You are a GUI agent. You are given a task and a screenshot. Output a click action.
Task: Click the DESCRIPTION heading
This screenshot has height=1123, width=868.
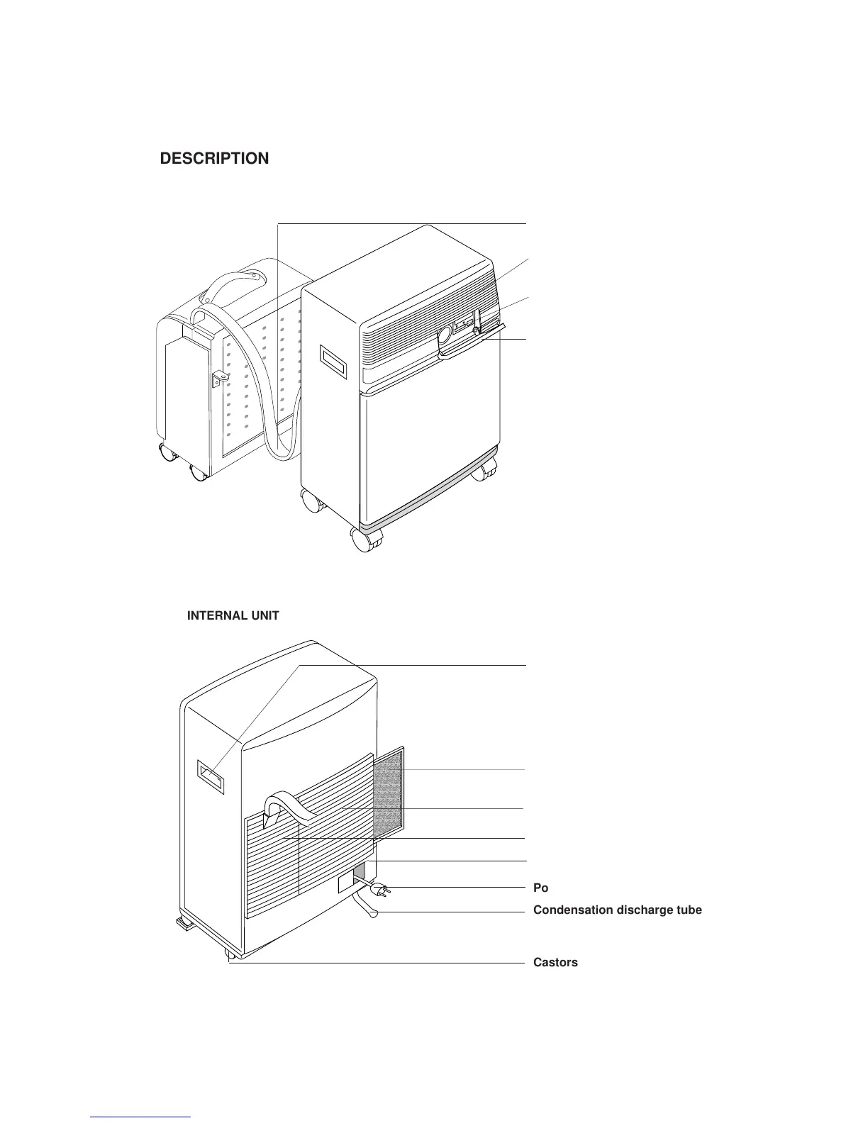click(x=214, y=159)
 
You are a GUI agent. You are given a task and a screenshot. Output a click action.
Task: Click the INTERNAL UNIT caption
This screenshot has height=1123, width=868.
click(x=233, y=616)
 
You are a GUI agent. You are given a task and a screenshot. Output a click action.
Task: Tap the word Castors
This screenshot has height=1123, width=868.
click(x=555, y=963)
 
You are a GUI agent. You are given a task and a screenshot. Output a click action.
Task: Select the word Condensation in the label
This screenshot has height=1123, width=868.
click(x=572, y=910)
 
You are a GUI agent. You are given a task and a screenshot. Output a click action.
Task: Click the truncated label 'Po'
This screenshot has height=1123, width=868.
click(x=540, y=888)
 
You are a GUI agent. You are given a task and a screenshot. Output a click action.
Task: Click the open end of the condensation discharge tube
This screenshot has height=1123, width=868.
click(x=373, y=915)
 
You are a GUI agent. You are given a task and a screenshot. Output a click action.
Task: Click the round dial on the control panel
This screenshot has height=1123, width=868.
click(x=445, y=334)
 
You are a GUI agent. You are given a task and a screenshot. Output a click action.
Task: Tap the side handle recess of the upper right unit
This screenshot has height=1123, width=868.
click(x=333, y=362)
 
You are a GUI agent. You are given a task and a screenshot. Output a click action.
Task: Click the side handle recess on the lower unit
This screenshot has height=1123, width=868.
click(x=211, y=778)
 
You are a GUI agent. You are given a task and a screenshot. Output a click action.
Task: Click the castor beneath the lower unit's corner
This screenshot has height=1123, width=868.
click(x=230, y=955)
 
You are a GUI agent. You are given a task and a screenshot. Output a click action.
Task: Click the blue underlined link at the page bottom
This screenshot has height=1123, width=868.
click(x=141, y=1117)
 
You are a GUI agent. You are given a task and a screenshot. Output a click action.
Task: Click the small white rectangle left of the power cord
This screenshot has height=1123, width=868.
click(x=345, y=883)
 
